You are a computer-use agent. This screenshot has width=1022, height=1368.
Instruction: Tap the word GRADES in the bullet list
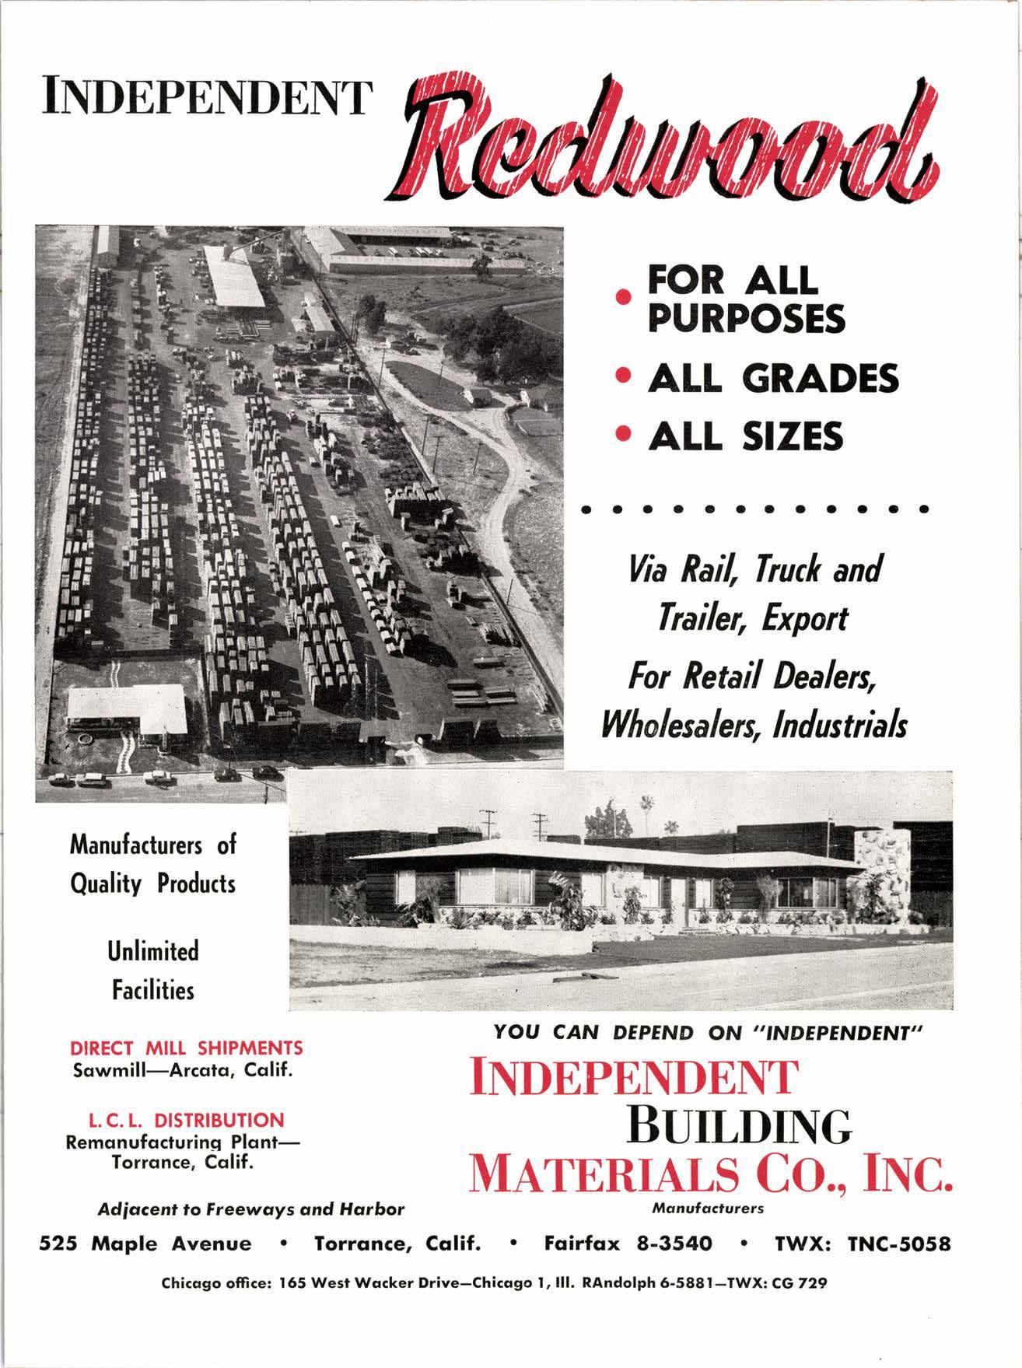pyautogui.click(x=820, y=379)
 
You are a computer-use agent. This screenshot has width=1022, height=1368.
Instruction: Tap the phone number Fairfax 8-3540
pyautogui.click(x=628, y=1243)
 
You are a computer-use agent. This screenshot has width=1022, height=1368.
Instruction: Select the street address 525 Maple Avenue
pyautogui.click(x=145, y=1243)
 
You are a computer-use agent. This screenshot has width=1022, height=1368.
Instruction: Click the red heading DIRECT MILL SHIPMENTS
pyautogui.click(x=187, y=1048)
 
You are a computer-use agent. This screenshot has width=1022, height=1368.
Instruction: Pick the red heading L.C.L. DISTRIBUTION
pyautogui.click(x=187, y=1121)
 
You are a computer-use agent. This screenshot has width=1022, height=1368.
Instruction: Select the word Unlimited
pyautogui.click(x=153, y=951)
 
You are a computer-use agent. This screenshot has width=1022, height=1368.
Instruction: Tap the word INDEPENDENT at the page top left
pyautogui.click(x=204, y=97)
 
